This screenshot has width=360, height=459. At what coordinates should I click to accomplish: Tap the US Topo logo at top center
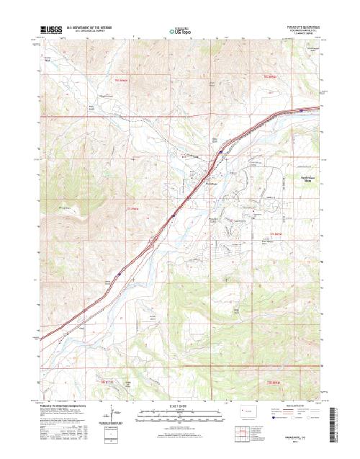pos(179,31)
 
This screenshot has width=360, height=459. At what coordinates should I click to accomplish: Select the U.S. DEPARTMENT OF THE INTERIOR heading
pos(91,28)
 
